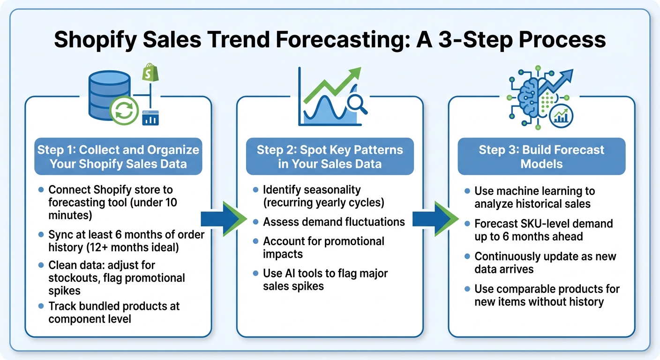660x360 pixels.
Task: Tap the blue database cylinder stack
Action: (x=103, y=96)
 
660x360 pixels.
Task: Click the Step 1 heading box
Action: (x=118, y=157)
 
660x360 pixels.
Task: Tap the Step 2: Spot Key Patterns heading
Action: (x=330, y=157)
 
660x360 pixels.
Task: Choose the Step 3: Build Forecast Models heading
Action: (x=541, y=157)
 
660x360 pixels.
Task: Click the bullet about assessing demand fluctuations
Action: (x=334, y=222)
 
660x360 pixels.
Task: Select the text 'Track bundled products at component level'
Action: (x=114, y=312)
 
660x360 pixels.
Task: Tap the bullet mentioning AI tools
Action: (x=325, y=279)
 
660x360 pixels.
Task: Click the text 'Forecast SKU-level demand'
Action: (x=543, y=224)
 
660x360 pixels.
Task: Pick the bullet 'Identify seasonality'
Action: (x=312, y=190)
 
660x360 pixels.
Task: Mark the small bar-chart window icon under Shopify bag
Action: (x=150, y=118)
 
